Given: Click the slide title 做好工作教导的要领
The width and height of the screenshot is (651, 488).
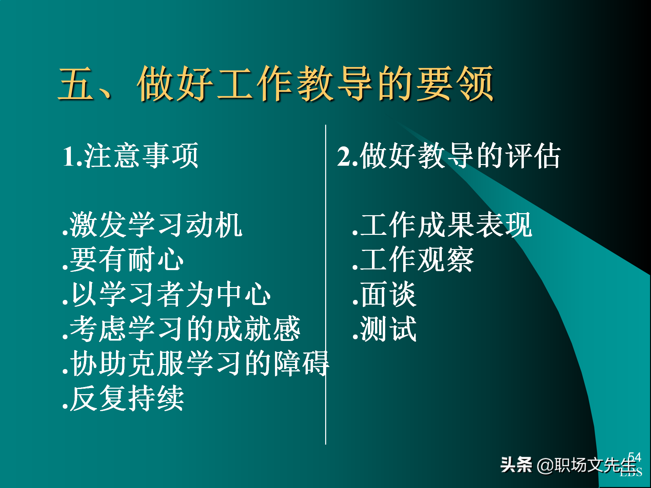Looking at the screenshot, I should [x=315, y=84].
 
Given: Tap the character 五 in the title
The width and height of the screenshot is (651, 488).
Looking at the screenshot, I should [x=76, y=84].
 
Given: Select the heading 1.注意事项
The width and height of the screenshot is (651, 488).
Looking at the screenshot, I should [x=131, y=156].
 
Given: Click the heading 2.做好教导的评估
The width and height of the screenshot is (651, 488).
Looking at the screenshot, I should [x=448, y=156].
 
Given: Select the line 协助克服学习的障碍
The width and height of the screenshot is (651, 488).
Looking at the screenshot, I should [x=196, y=364].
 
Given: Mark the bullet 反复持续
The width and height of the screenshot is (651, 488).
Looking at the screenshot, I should [x=123, y=398].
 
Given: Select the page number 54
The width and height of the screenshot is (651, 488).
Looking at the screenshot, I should [x=634, y=457].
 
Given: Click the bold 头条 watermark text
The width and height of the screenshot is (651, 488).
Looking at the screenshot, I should [x=516, y=465].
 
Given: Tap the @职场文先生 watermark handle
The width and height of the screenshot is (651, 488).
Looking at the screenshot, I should [x=587, y=465].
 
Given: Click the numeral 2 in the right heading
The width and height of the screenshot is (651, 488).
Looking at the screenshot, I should [x=344, y=157].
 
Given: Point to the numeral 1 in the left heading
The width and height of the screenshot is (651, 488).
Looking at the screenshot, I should [x=69, y=157].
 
